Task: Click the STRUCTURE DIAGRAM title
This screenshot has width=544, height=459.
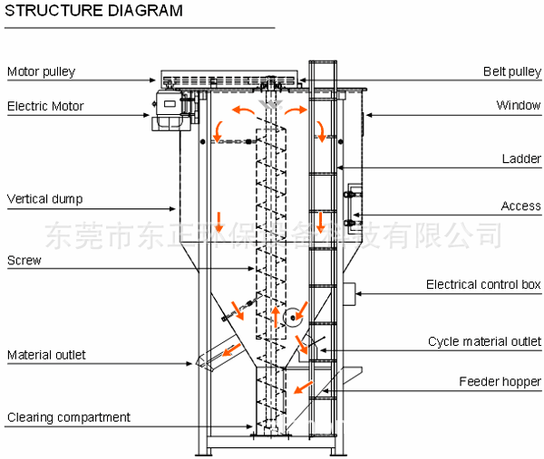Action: coord(94,11)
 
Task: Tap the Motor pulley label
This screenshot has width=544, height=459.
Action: coord(42,72)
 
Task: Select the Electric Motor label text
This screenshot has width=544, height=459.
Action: coord(45,106)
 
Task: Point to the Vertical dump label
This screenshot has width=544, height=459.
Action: coord(45,198)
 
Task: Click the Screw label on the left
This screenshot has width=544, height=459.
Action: coord(24,261)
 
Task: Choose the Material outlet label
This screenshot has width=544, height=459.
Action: coord(47,355)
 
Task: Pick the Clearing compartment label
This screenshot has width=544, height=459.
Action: coord(69,417)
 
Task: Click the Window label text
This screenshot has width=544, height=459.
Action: coord(519,106)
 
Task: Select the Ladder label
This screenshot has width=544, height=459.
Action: coord(521,159)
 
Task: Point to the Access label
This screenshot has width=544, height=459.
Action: coord(520,206)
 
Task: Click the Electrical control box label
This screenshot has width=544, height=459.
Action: coord(483,285)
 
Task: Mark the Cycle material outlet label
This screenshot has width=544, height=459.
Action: coord(484,341)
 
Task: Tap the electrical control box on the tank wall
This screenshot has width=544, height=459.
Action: coord(348,292)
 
